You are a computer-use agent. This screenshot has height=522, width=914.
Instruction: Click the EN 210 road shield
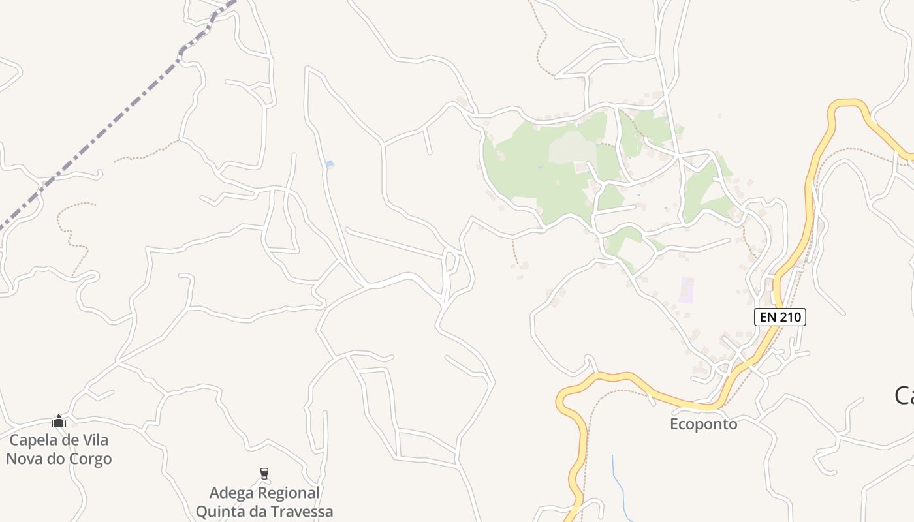point(780,317)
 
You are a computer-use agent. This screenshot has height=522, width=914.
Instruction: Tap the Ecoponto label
point(704,424)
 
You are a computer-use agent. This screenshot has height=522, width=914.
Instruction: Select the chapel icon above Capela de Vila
point(59,421)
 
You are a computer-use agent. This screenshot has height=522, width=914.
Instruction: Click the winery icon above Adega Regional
point(264,473)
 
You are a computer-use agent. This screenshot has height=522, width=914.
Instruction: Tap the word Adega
point(232,493)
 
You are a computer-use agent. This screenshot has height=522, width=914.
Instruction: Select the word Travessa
point(300,512)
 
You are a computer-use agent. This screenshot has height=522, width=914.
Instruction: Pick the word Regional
point(289,493)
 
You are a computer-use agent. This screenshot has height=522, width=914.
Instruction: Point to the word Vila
point(95,440)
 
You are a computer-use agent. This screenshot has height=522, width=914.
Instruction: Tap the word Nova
point(25,459)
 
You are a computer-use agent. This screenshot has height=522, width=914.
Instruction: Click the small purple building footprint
point(685,290)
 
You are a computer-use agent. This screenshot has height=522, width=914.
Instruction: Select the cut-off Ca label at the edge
point(904,395)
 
